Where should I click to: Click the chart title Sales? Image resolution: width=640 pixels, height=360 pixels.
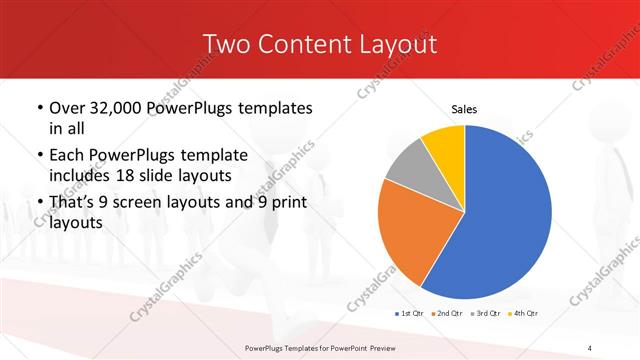[464, 108]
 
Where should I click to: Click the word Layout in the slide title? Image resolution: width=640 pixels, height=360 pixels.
[398, 44]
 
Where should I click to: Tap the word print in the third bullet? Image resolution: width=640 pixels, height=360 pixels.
[285, 202]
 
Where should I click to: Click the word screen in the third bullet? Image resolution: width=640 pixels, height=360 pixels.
[150, 202]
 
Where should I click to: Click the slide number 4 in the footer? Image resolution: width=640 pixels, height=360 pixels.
[591, 347]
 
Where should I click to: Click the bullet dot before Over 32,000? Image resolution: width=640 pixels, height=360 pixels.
[39, 108]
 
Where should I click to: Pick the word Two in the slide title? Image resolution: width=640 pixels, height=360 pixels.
[225, 44]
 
